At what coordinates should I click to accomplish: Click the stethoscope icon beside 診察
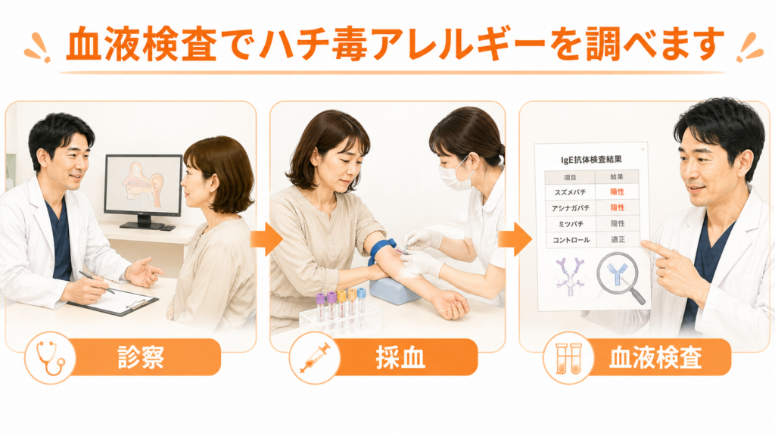coord(51,358)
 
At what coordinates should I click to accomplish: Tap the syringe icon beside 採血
coord(315,358)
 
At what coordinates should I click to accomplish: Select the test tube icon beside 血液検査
coord(568,358)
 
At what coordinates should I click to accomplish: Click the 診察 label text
coord(141,357)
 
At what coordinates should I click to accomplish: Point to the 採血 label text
coord(400,357)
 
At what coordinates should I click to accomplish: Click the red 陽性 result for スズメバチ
coord(618,192)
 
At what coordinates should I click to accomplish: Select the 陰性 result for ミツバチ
coord(618,223)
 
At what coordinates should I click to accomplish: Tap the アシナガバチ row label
coord(571,208)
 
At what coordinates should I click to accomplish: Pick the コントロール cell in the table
coord(571,240)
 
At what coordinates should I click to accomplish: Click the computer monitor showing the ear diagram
coord(143,190)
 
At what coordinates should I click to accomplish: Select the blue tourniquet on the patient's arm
coord(381,251)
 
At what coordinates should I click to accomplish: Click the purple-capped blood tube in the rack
coord(320,307)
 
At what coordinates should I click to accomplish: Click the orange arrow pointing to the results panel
coord(515,239)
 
